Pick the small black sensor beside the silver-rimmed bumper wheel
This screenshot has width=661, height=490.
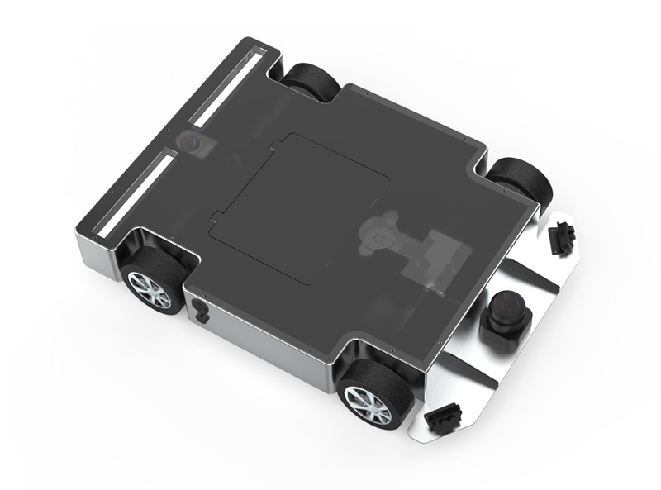[x=442, y=417]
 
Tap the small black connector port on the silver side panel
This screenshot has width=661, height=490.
[x=199, y=311]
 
